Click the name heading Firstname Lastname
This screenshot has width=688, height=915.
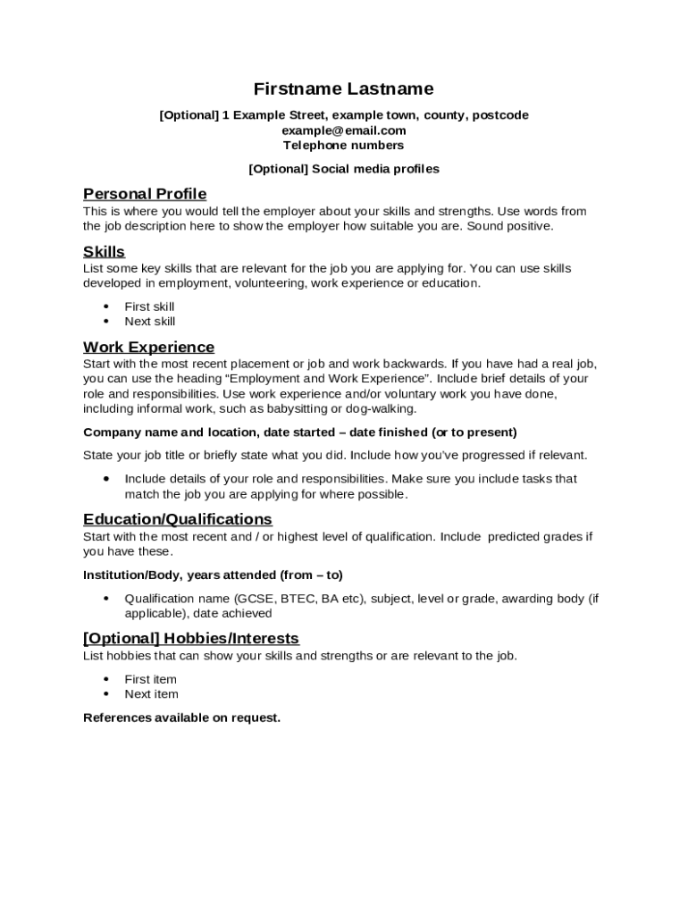[344, 88]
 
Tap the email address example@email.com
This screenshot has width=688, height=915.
[344, 130]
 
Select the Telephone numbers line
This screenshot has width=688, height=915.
[344, 145]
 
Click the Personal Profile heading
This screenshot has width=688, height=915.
[145, 194]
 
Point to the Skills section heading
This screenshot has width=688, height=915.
[104, 251]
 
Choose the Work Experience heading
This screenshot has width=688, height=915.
[148, 347]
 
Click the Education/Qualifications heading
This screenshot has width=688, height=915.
[178, 519]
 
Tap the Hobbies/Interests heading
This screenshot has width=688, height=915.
[191, 638]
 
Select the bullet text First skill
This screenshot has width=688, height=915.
[149, 306]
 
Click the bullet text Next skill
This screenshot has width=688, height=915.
[150, 322]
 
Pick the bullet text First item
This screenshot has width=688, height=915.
[150, 679]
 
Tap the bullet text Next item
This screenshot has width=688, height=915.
[151, 694]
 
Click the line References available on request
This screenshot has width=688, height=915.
[181, 718]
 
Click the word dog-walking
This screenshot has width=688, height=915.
[382, 408]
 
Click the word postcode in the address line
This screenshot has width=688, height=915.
[499, 115]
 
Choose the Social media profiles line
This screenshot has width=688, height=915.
[344, 169]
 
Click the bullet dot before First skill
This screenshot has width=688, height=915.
[106, 306]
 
